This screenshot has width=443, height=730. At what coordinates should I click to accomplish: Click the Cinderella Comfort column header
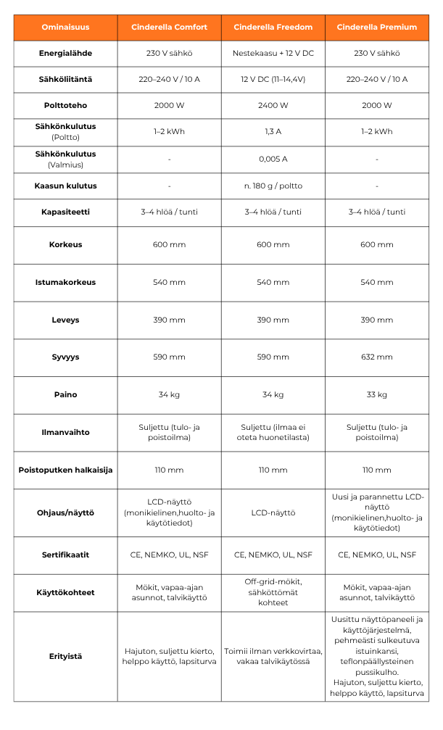coord(169,28)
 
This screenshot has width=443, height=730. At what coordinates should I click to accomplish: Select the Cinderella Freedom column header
coord(273,28)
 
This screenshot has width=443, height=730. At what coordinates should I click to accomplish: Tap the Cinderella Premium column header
coord(377,28)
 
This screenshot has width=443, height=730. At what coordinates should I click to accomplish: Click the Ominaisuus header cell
coord(65,28)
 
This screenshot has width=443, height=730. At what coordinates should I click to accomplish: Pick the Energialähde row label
coord(65,54)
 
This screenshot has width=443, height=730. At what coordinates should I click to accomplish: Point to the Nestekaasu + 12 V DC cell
coord(273,54)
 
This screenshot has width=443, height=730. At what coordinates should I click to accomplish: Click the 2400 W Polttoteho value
coord(273,105)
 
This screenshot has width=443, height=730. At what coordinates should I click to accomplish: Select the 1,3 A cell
coord(273,132)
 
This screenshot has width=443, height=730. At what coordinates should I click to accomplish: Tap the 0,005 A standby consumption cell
coord(273,159)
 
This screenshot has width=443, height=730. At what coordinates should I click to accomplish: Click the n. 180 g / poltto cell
coord(273,186)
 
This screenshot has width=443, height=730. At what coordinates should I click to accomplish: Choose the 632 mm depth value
coord(377,357)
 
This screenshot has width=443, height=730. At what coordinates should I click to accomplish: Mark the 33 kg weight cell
coord(377,395)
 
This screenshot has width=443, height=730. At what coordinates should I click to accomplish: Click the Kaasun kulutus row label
coord(65,186)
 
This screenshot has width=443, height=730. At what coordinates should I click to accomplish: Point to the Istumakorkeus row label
coord(65,282)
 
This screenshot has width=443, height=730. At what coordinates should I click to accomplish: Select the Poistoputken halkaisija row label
coord(65,470)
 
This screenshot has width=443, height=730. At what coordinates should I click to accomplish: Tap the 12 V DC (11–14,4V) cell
coord(273,79)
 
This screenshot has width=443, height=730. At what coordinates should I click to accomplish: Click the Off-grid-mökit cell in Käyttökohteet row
coord(273,592)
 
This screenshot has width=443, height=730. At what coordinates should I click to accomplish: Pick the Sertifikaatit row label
coord(65,555)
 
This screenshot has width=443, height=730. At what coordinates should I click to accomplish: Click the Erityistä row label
coord(65,656)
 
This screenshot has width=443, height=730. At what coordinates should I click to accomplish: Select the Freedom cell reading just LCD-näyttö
coord(273,513)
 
